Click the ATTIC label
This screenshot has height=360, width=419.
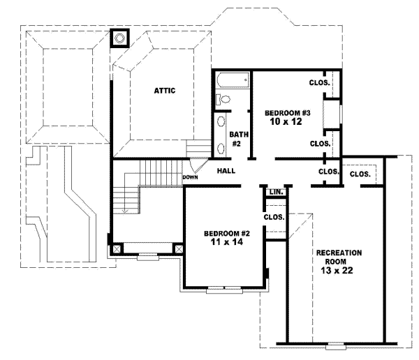click(x=165, y=90)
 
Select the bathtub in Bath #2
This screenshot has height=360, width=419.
click(x=233, y=81)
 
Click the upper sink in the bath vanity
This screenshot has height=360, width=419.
click(x=221, y=123)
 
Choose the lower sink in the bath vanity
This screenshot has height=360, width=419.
click(x=221, y=145)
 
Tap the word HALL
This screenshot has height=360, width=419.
click(x=226, y=170)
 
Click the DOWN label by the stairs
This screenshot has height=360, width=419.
click(x=191, y=178)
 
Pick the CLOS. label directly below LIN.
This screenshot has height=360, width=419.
click(x=274, y=216)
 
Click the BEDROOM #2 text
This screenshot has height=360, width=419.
click(x=221, y=233)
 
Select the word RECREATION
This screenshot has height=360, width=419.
click(x=338, y=252)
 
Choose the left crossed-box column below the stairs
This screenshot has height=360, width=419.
click(x=117, y=248)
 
